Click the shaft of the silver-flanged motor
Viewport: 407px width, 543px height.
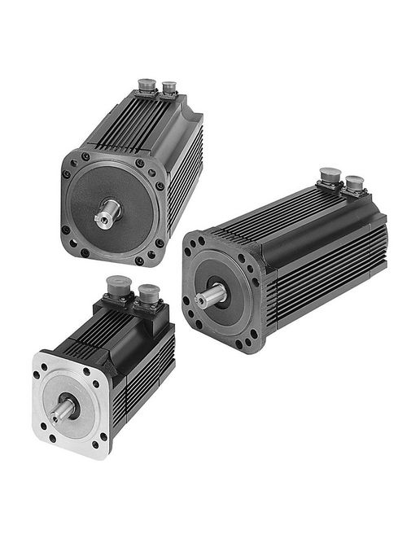point(61,412)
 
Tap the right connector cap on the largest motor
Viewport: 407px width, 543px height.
point(355,182)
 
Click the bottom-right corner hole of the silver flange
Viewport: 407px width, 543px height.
point(103,447)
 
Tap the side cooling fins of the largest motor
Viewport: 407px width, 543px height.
point(326,277)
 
